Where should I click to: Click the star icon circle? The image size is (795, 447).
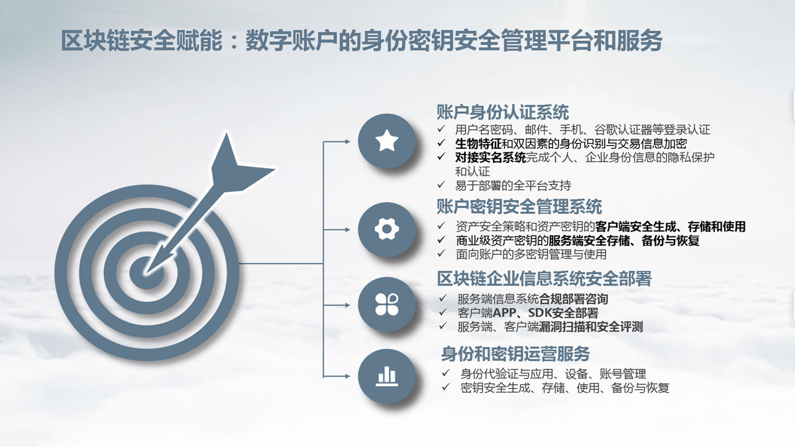pyautogui.click(x=386, y=141)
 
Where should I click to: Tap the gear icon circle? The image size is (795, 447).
pyautogui.click(x=386, y=230)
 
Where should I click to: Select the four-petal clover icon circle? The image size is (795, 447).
pyautogui.click(x=386, y=305)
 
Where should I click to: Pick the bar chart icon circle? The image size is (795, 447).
pyautogui.click(x=386, y=376)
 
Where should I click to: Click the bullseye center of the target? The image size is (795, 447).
pyautogui.click(x=146, y=273)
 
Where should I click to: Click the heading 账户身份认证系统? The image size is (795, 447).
pyautogui.click(x=503, y=112)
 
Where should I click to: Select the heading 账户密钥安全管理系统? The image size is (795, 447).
pyautogui.click(x=519, y=207)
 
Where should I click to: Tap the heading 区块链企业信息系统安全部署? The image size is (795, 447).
pyautogui.click(x=544, y=279)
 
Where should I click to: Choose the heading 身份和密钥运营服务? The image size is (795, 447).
pyautogui.click(x=515, y=354)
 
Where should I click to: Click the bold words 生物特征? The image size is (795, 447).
pyautogui.click(x=478, y=144)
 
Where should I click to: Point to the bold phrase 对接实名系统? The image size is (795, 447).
pyautogui.click(x=490, y=157)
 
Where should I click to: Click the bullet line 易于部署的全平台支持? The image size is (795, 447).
pyautogui.click(x=513, y=185)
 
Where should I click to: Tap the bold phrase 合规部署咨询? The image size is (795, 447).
pyautogui.click(x=574, y=299)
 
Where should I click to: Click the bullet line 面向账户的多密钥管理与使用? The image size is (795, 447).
pyautogui.click(x=531, y=254)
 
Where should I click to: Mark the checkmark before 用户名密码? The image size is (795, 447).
pyautogui.click(x=441, y=128)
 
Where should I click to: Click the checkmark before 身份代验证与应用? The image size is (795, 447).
pyautogui.click(x=446, y=373)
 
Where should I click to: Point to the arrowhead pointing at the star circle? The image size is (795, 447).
pyautogui.click(x=347, y=142)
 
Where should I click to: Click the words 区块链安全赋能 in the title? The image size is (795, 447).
pyautogui.click(x=142, y=41)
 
